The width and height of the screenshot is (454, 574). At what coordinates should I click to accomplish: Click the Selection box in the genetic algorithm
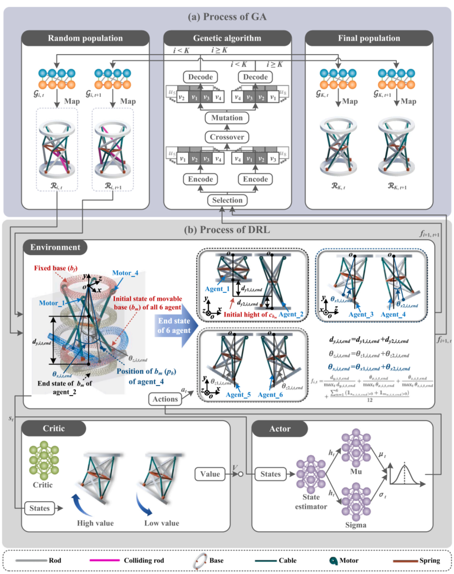[227, 200]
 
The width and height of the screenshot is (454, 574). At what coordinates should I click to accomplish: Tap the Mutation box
[227, 118]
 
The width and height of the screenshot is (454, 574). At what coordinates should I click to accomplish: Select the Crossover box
[227, 136]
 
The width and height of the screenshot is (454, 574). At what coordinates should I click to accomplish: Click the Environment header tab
[55, 247]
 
